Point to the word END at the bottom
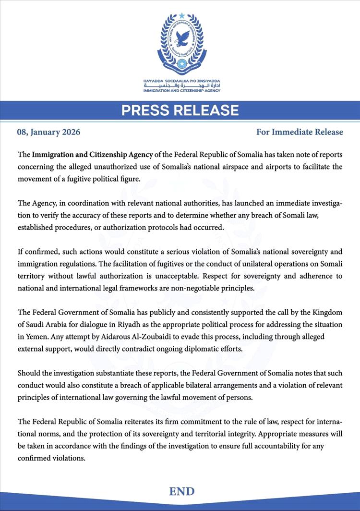[181, 491]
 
